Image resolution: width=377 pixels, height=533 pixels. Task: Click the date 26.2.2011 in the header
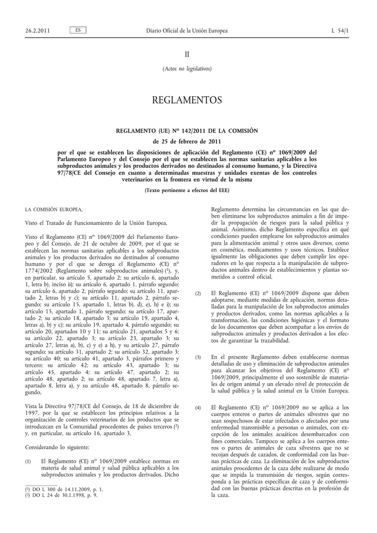click(x=37, y=31)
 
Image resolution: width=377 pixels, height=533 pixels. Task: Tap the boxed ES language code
click(x=77, y=30)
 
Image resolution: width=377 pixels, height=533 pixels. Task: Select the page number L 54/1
click(x=340, y=31)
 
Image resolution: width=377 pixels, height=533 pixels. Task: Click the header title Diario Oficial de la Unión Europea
click(x=187, y=31)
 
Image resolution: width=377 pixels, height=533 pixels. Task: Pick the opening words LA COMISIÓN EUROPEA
click(x=54, y=209)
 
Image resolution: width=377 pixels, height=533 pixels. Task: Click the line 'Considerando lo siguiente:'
click(x=57, y=447)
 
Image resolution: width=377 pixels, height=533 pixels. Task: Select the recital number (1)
click(x=28, y=461)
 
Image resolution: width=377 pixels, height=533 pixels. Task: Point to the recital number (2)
click(x=198, y=294)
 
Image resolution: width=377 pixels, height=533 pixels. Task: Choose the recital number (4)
click(x=198, y=407)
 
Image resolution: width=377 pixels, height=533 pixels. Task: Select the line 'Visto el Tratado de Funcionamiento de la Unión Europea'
click(x=96, y=223)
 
